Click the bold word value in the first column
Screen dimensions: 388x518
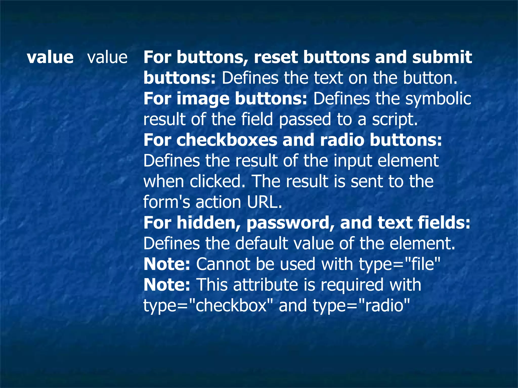(x=50, y=57)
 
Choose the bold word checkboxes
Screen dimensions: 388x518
(x=227, y=140)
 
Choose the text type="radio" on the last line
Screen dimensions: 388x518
(x=361, y=306)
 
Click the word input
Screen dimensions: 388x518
(x=353, y=161)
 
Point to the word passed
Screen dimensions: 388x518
(x=305, y=119)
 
